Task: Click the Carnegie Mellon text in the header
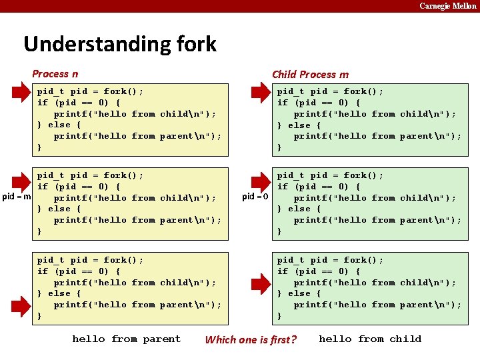pyautogui.click(x=447, y=6)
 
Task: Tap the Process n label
pyautogui.click(x=55, y=74)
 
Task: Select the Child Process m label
pyautogui.click(x=310, y=75)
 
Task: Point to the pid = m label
pyautogui.click(x=17, y=197)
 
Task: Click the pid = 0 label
pyautogui.click(x=255, y=197)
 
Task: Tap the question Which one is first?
pyautogui.click(x=251, y=339)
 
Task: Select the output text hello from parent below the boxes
pyautogui.click(x=126, y=339)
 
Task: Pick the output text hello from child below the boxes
pyautogui.click(x=370, y=339)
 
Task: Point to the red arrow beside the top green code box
pyautogui.click(x=260, y=91)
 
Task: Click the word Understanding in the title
pyautogui.click(x=89, y=44)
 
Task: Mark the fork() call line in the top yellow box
pyautogui.click(x=90, y=91)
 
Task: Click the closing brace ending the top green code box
pyautogui.click(x=280, y=147)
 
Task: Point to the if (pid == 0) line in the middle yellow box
pyautogui.click(x=79, y=187)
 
